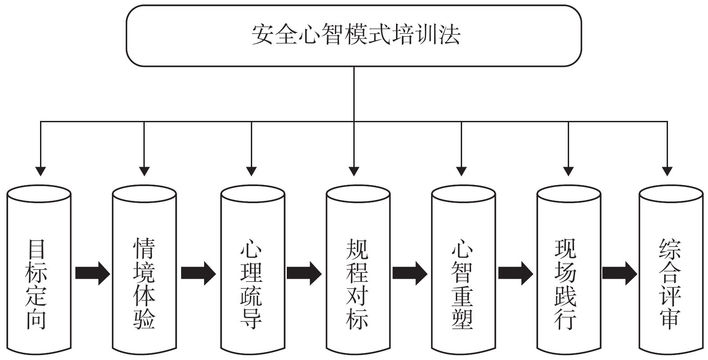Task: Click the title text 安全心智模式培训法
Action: point(356,35)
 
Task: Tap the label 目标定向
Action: point(36,284)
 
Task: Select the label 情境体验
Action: point(144,284)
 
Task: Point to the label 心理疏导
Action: point(251,284)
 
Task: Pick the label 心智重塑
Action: point(462,284)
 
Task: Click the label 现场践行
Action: point(566,284)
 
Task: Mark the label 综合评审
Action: point(670,284)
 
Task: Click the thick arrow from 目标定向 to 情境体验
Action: point(92,273)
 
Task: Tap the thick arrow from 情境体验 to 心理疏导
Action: point(198,273)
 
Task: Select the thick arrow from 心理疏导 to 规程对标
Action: point(304,273)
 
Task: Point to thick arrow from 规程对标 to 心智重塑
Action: point(410,273)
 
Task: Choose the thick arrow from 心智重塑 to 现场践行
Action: point(516,273)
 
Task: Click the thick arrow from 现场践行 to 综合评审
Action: point(619,273)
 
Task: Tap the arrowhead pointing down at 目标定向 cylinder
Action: point(40,171)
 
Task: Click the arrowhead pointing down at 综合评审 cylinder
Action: point(667,171)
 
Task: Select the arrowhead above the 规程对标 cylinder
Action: point(354,171)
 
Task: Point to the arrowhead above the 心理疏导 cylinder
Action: point(251,171)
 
